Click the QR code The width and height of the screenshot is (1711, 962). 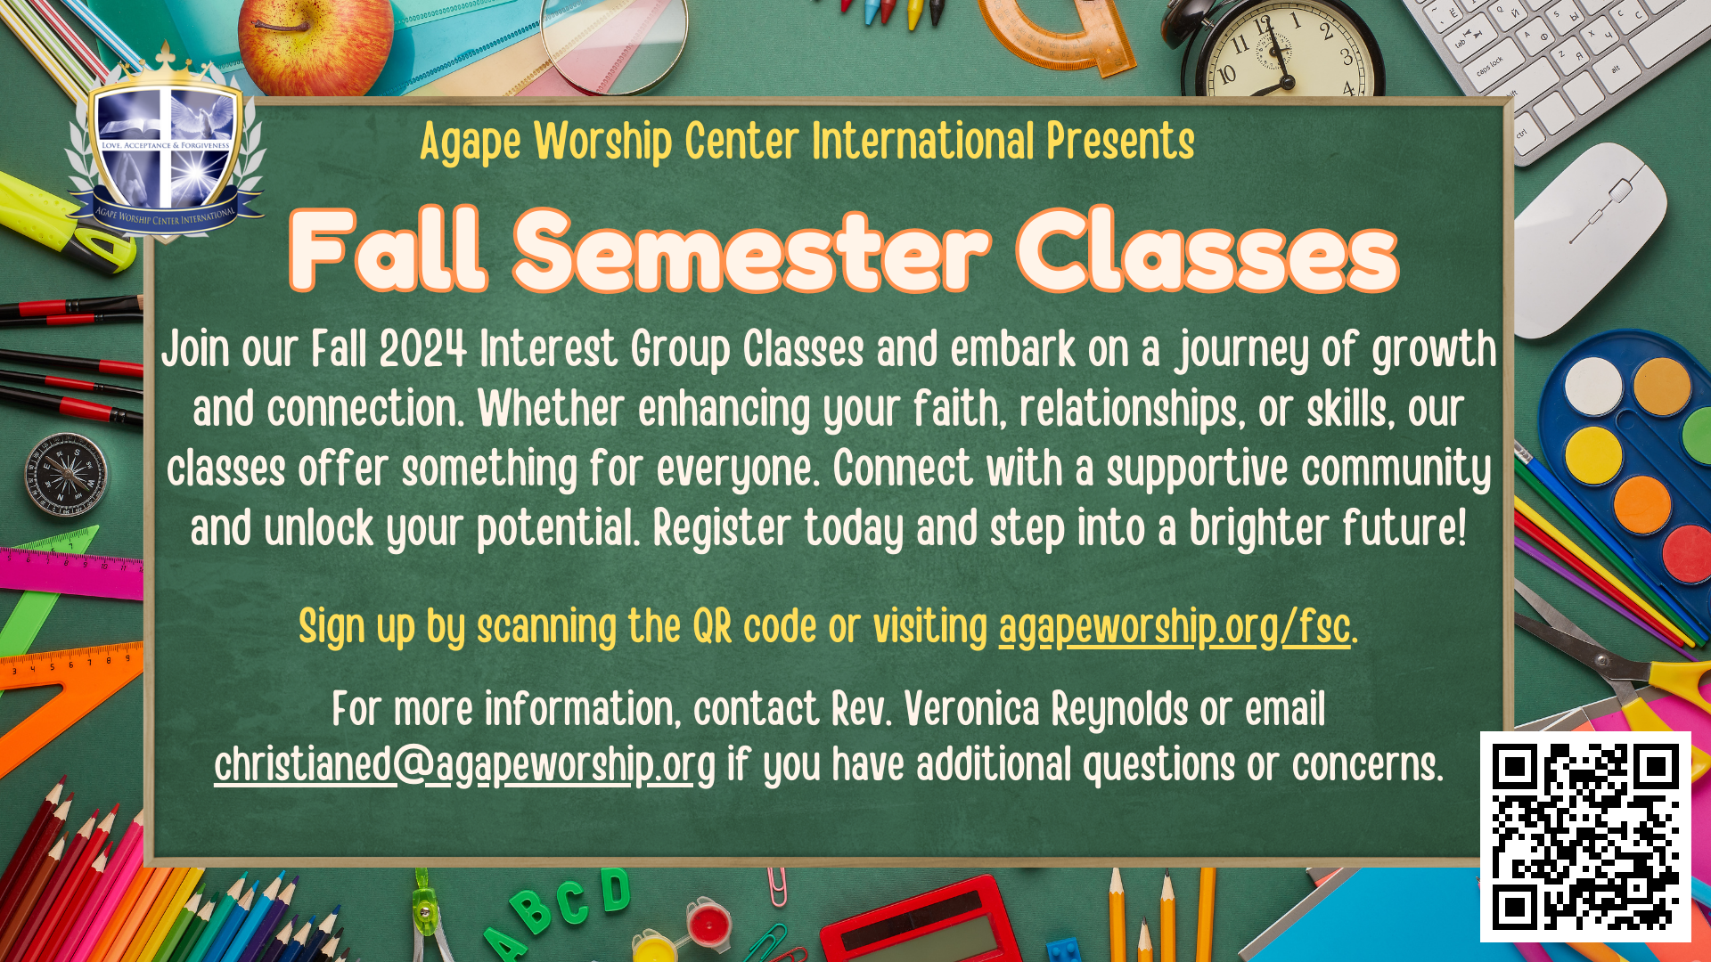pyautogui.click(x=1585, y=837)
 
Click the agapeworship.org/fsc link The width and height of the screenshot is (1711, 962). pyautogui.click(x=1175, y=627)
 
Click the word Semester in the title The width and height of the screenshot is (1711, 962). pyautogui.click(x=751, y=251)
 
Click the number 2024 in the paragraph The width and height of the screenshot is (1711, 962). pyautogui.click(x=423, y=349)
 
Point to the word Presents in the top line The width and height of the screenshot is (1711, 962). pyautogui.click(x=1120, y=143)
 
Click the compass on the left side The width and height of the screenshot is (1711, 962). pyautogui.click(x=65, y=475)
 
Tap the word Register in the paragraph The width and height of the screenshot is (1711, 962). pyautogui.click(x=722, y=529)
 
